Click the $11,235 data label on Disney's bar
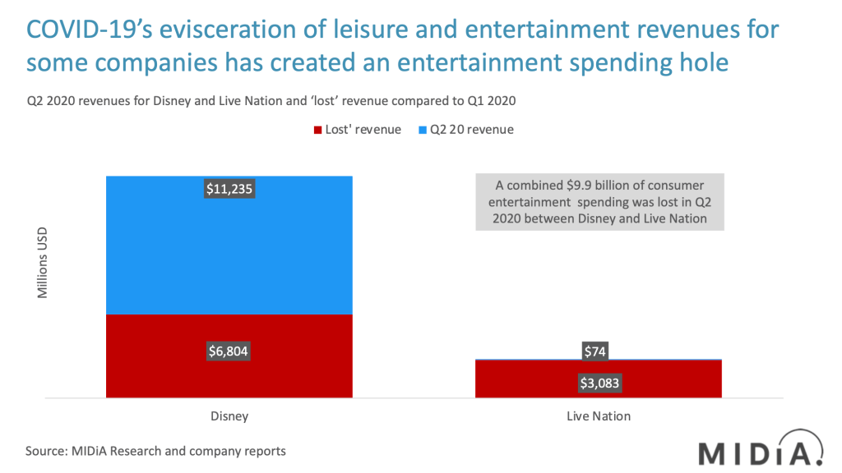pyautogui.click(x=229, y=190)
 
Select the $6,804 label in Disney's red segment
pyautogui.click(x=229, y=351)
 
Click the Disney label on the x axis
pyautogui.click(x=229, y=416)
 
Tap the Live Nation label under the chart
pyautogui.click(x=599, y=416)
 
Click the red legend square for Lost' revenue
pyautogui.click(x=318, y=130)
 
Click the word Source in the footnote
pyautogui.click(x=44, y=451)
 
